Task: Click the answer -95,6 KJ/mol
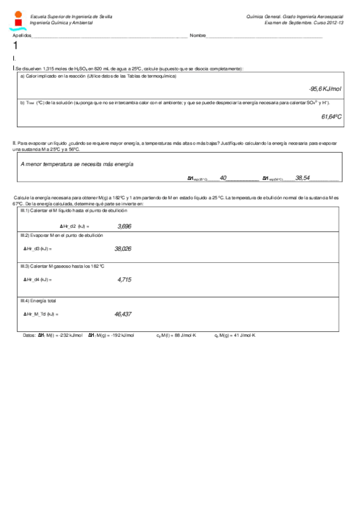point(325,89)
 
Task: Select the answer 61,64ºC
point(331,117)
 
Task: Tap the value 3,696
point(124,226)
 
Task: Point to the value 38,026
point(123,248)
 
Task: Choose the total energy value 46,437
point(123,314)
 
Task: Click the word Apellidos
point(21,36)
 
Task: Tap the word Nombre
point(198,36)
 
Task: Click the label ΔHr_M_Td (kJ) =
point(41,314)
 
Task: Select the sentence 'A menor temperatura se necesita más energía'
point(77,164)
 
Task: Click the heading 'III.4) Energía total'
point(38,300)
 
